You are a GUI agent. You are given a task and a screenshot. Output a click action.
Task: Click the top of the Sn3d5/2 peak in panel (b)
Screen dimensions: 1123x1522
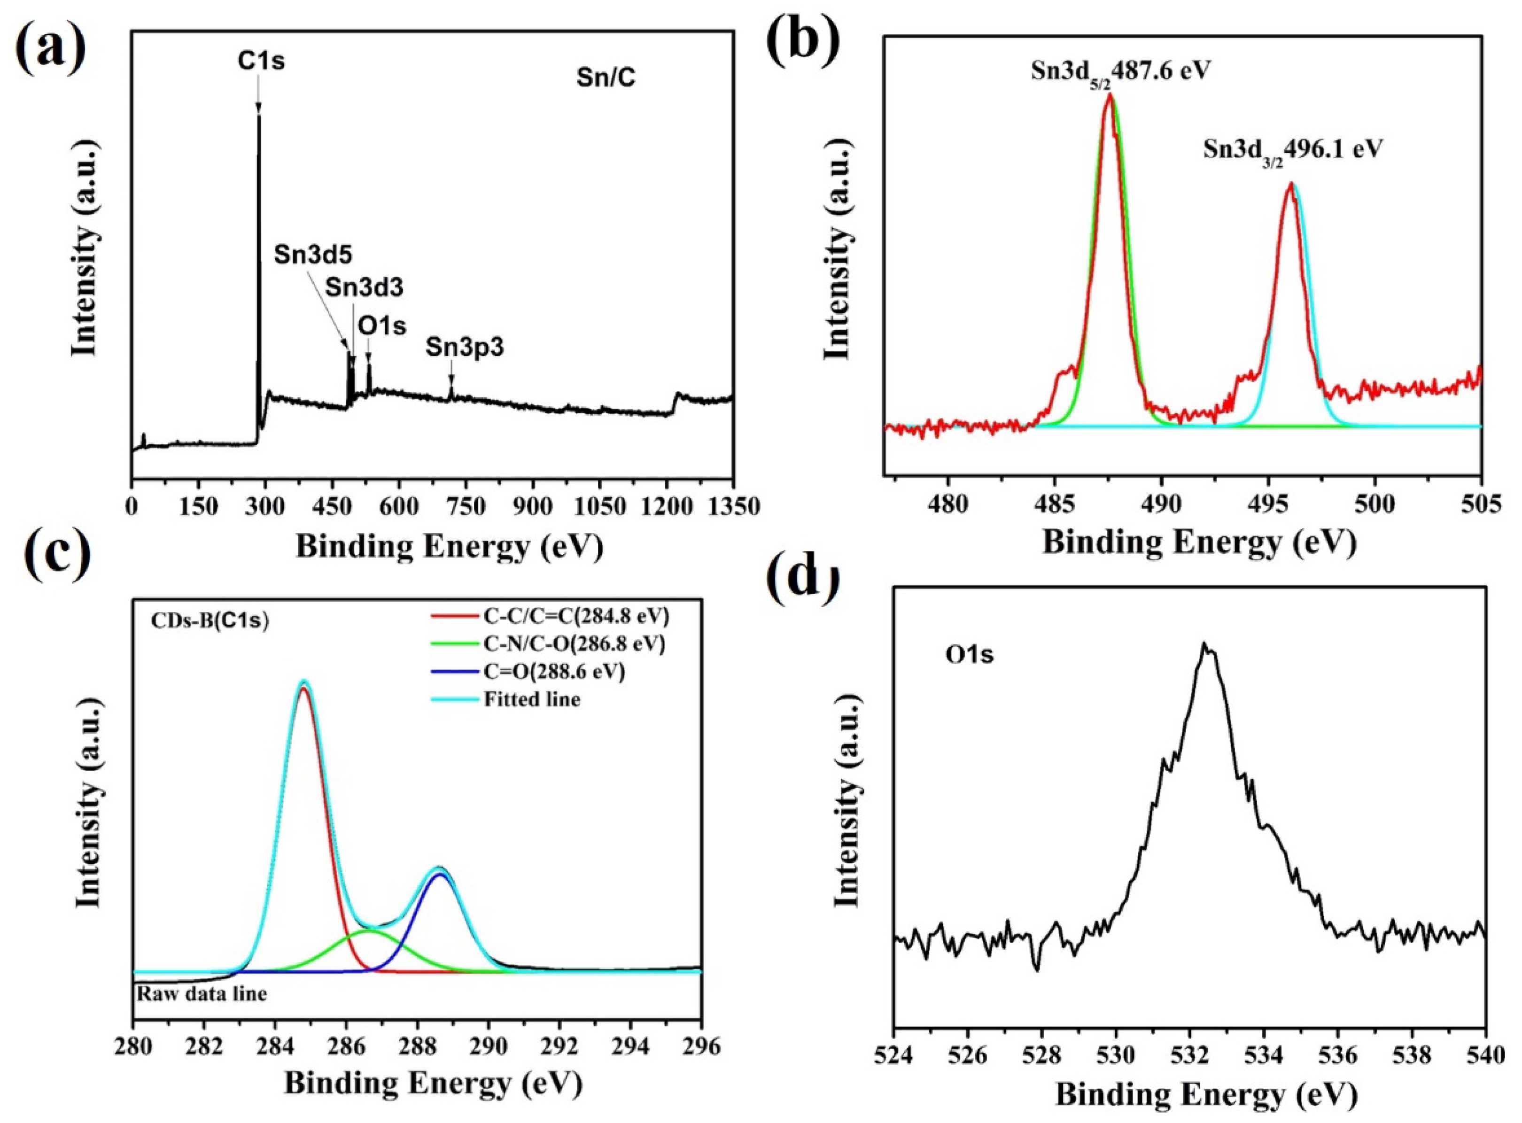tap(1110, 95)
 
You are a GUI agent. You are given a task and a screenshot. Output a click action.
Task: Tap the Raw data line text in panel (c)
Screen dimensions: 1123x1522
tap(202, 994)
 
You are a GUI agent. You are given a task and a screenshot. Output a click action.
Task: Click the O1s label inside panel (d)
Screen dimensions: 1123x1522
tap(969, 655)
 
